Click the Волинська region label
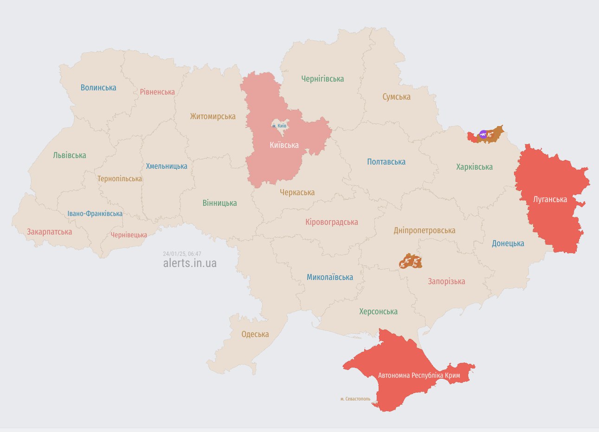(98, 88)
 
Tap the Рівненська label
(157, 92)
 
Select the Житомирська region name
(213, 116)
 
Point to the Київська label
(284, 145)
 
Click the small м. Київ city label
(279, 126)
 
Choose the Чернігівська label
(322, 79)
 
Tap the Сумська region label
(396, 97)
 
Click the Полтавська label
(386, 162)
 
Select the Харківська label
(474, 167)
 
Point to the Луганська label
(550, 199)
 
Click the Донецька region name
(508, 243)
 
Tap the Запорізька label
(446, 281)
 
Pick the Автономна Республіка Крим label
(419, 375)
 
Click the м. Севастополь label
(355, 399)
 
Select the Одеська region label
(255, 334)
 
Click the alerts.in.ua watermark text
(190, 263)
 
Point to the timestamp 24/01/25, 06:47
(182, 254)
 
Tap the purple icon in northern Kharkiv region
(483, 135)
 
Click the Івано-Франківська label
(95, 214)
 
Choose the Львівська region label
(70, 155)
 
